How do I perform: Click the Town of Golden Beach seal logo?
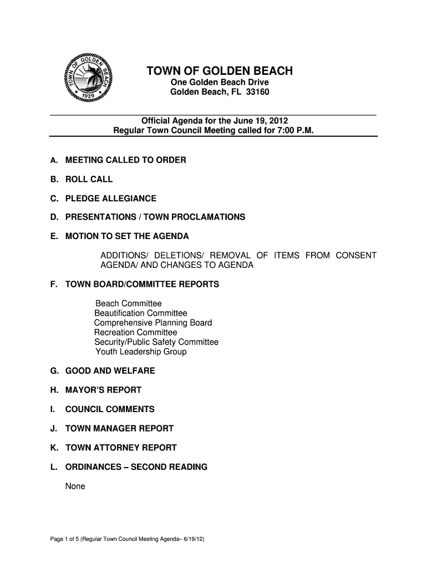(x=88, y=79)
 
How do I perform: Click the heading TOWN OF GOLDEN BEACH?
(x=219, y=71)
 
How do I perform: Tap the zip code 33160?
(x=257, y=92)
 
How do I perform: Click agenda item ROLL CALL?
(x=89, y=179)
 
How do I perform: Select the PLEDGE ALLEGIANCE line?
(x=111, y=199)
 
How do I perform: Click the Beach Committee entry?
(x=129, y=303)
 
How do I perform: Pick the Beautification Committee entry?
(x=141, y=313)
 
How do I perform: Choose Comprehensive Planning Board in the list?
(x=153, y=323)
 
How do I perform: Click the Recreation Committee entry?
(x=136, y=332)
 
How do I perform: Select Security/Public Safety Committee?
(x=156, y=342)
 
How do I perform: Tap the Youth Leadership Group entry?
(x=141, y=352)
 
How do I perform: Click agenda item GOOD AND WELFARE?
(x=110, y=371)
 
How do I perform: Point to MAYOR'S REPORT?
(x=104, y=390)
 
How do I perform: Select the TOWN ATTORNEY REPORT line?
(x=121, y=448)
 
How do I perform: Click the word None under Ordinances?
(x=75, y=486)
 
